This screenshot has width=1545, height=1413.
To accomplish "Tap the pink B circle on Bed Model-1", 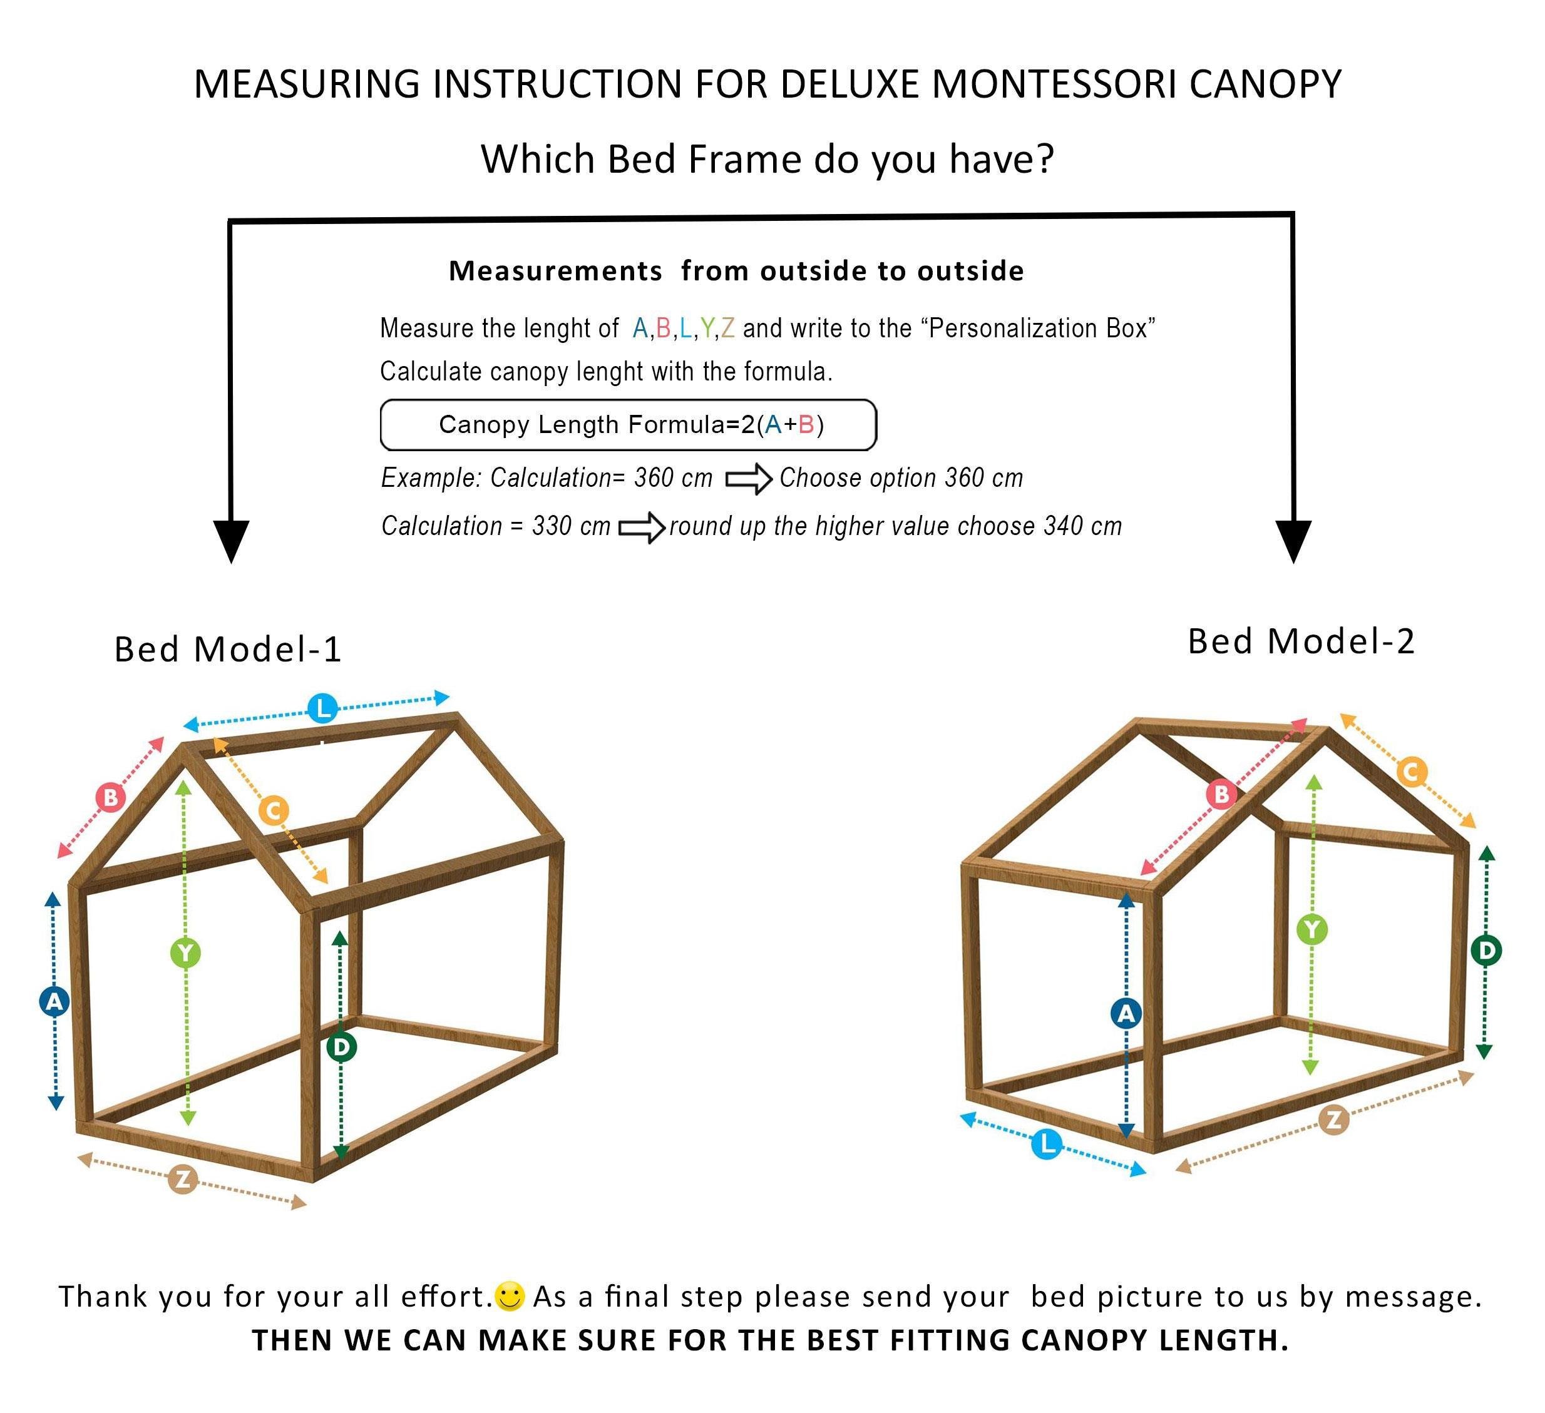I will point(110,797).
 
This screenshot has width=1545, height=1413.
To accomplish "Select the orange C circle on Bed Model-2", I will point(1411,772).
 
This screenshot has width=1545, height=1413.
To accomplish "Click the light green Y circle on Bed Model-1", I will point(185,953).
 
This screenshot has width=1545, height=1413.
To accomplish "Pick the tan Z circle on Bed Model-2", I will point(1333,1120).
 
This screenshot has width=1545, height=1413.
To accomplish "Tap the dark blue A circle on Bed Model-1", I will point(54,1001).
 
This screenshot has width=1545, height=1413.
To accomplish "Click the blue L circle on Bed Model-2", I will point(1047,1145).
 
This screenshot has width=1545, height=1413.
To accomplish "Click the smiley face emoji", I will point(510,1297).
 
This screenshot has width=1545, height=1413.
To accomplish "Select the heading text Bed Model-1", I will point(228,650).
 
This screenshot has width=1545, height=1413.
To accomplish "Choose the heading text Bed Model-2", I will point(1300,641).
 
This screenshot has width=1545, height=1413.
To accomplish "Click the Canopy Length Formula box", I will point(628,424).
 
